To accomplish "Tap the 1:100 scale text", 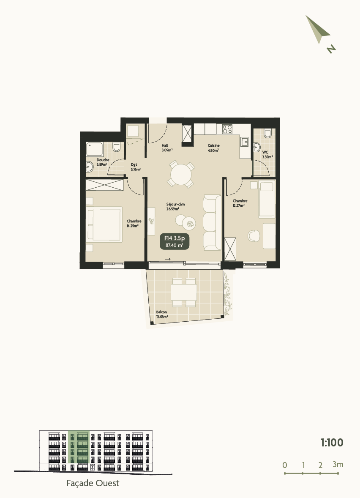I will pos(332,443).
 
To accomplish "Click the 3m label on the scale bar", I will pos(338,464).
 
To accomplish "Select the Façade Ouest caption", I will pos(93,483).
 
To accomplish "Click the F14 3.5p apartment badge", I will pos(174,241).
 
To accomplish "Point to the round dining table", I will pos(181,174).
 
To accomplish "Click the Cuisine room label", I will pos(213,148).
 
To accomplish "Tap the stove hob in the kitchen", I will pos(227,129).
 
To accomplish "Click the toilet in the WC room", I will pos(267,134).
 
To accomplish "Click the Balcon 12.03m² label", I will pos(162,314).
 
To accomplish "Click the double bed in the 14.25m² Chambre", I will pos(105,224).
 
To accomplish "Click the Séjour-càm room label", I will pos(175,206).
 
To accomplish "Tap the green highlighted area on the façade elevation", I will pos(79,446).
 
